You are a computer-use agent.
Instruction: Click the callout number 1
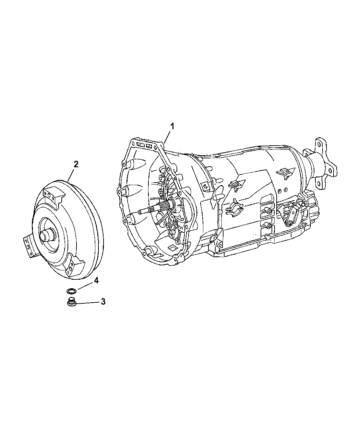click(172, 126)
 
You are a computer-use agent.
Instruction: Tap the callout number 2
click(76, 164)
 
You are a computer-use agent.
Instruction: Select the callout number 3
click(103, 302)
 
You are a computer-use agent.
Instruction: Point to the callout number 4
click(96, 281)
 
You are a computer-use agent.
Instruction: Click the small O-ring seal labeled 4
click(71, 291)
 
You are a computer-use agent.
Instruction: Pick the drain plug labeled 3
click(71, 303)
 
